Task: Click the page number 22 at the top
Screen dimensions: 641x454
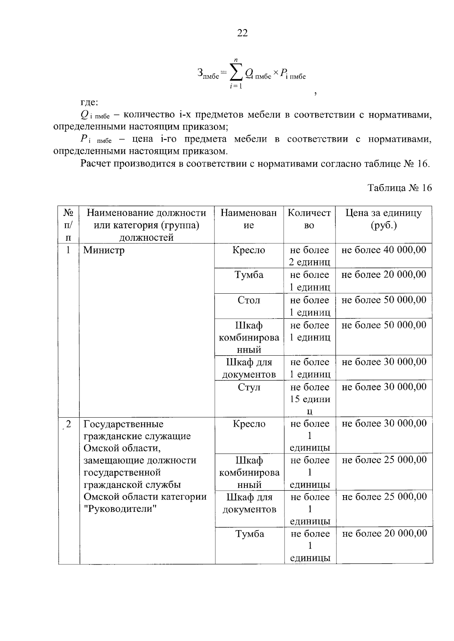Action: (x=242, y=33)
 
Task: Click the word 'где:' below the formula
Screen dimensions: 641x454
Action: (x=89, y=102)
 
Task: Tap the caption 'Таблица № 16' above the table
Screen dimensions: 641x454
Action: (x=400, y=188)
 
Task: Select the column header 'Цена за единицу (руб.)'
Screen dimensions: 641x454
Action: (x=383, y=219)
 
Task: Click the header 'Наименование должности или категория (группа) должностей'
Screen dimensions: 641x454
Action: (x=146, y=225)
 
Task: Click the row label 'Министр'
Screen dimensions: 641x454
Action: (x=104, y=250)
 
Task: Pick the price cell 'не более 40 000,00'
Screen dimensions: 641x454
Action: (x=384, y=250)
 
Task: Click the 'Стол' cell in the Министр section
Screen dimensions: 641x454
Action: (x=249, y=300)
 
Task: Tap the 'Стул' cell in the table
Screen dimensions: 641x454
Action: (x=249, y=387)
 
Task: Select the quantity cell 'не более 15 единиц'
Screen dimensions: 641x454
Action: (x=309, y=399)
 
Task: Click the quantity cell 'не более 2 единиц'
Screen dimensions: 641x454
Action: (x=309, y=256)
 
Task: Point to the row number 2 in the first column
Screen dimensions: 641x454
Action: (x=68, y=424)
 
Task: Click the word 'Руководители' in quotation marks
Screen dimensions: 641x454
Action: (x=120, y=509)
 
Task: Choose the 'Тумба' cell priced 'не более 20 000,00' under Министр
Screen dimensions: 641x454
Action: (x=249, y=275)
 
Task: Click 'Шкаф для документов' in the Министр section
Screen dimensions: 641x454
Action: (x=249, y=368)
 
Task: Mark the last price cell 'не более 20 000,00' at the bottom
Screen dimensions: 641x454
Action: (x=384, y=533)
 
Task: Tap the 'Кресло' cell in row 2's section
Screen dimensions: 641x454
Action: (x=249, y=424)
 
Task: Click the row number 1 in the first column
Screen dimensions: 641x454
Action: (x=68, y=250)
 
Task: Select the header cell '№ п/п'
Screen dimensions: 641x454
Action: (x=68, y=225)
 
